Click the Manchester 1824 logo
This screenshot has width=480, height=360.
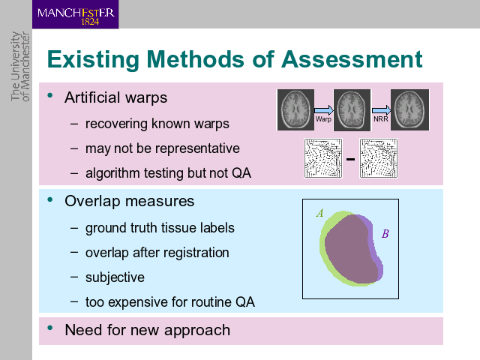75,14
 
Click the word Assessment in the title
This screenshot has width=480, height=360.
352,59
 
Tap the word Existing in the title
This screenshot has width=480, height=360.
93,60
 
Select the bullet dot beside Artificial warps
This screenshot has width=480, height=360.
50,95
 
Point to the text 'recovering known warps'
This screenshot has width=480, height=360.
157,124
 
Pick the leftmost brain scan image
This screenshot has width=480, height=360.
295,110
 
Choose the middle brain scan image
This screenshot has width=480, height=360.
352,110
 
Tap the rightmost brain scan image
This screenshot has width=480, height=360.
409,110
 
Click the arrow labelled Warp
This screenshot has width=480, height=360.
324,110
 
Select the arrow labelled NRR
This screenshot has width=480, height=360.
381,110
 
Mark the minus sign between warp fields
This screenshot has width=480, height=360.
350,159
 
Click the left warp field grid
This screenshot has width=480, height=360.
323,158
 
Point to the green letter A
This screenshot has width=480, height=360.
320,213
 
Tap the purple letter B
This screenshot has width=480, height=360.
385,234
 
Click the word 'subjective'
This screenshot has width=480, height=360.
115,277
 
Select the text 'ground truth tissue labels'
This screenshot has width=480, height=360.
160,228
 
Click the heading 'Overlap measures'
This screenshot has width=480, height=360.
130,202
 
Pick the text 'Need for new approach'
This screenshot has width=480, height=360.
147,330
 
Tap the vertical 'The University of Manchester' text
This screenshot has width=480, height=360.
20,67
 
